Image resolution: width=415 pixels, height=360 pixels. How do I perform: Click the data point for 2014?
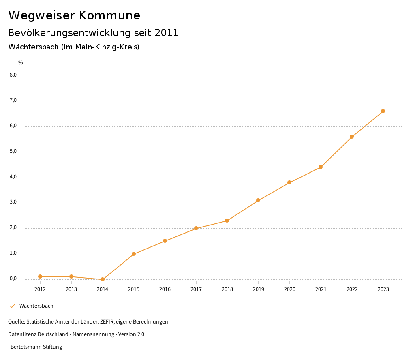(103, 279)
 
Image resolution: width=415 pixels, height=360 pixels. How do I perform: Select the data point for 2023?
(383, 111)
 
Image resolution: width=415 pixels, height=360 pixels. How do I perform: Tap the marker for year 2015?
(134, 254)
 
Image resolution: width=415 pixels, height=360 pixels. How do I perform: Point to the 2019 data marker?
(258, 200)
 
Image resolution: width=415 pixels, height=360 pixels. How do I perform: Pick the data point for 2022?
(352, 137)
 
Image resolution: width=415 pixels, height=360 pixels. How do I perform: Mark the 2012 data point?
(40, 276)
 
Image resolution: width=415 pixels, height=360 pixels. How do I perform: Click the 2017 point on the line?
(196, 228)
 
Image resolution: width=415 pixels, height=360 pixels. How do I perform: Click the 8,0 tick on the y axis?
(13, 75)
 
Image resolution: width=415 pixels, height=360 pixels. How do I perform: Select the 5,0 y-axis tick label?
(13, 151)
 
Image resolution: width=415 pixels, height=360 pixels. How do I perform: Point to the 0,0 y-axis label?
(13, 279)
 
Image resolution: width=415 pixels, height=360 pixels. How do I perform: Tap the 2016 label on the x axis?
(165, 289)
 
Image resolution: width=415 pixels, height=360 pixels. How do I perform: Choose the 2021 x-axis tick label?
(321, 289)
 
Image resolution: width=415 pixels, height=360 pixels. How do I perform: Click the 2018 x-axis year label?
(227, 289)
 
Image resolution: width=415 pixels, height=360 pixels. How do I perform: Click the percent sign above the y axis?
(21, 63)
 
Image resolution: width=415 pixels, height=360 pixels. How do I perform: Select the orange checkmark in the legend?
(12, 306)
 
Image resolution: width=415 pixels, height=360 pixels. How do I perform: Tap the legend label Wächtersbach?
(36, 306)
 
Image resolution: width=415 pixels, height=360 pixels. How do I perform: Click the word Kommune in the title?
(110, 15)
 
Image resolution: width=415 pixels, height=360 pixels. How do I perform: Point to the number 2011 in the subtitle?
(167, 33)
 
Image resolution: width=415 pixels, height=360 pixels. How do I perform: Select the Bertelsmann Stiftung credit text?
(36, 347)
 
